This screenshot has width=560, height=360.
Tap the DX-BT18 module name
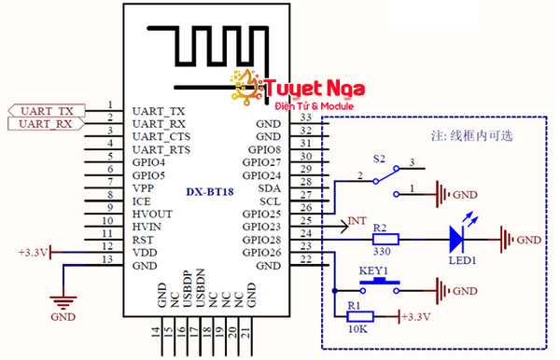pos(209,192)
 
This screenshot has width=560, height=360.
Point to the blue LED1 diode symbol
pos(457,239)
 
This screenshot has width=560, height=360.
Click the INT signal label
pos(357,222)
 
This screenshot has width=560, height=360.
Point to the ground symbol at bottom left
pos(63,301)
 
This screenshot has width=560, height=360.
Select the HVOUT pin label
pos(153,214)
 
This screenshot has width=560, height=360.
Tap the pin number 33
pos(305,117)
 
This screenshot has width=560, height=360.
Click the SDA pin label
pos(270,187)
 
